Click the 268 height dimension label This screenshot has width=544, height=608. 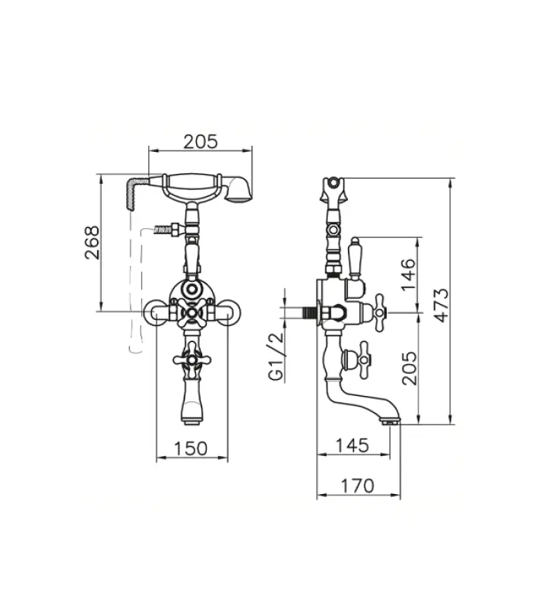91,242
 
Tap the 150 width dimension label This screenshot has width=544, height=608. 191,448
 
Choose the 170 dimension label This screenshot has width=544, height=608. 357,485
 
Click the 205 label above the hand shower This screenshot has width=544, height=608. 201,141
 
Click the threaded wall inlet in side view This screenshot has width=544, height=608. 308,312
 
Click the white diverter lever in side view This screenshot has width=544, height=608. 354,258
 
